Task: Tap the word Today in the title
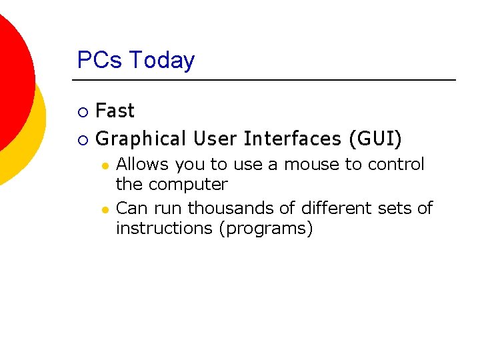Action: (162, 61)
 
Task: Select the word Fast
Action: (115, 111)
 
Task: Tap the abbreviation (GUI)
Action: (375, 139)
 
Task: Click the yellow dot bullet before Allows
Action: (105, 165)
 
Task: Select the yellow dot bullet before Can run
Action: (105, 209)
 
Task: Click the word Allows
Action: (143, 164)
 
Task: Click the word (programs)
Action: (269, 229)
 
